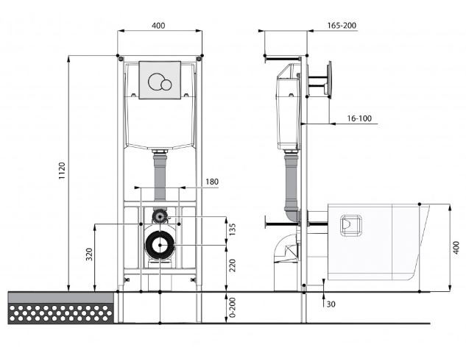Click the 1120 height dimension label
click(62, 171)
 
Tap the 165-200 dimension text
click(342, 26)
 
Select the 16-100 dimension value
click(359, 118)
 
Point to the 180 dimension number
click(212, 182)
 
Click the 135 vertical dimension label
click(232, 229)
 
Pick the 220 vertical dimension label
click(232, 265)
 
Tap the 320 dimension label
click(89, 254)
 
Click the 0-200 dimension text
click(232, 307)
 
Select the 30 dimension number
click(331, 304)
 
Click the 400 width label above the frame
click(158, 26)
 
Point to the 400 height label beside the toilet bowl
click(456, 247)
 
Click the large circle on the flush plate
click(156, 81)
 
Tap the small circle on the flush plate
click(166, 85)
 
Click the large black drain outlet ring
click(160, 245)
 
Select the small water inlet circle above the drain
click(160, 216)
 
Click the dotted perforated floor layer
click(60, 313)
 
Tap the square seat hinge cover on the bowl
click(350, 225)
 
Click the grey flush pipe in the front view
click(160, 177)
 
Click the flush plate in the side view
click(329, 79)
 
